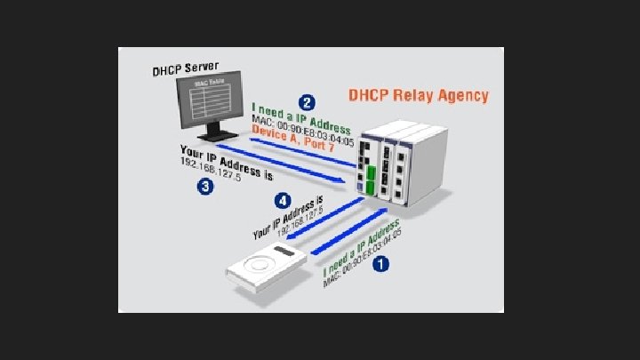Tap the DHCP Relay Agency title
[417, 95]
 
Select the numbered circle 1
[381, 263]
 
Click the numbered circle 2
[307, 101]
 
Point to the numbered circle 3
[204, 188]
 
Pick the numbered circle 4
[283, 200]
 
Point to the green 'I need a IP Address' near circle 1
[361, 240]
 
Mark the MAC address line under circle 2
[301, 132]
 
